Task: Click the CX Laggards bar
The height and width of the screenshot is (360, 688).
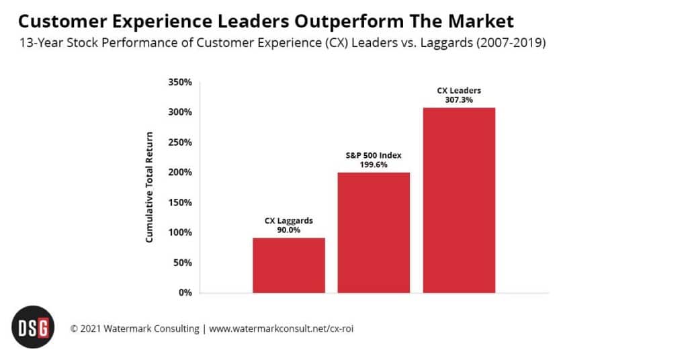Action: point(289,265)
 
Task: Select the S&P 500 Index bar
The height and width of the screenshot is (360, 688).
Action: point(374,232)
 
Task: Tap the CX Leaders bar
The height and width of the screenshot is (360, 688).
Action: point(459,200)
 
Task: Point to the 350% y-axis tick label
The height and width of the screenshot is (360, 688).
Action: point(179,82)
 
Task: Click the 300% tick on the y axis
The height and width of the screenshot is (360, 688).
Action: point(179,112)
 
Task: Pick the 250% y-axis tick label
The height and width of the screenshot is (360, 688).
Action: point(179,142)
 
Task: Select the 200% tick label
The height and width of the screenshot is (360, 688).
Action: point(179,173)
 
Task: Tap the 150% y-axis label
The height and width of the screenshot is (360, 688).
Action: point(179,202)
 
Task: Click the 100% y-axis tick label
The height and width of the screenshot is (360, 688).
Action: point(179,232)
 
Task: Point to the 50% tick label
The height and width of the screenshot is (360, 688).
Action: point(182,263)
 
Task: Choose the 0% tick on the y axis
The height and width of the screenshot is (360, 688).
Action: point(185,293)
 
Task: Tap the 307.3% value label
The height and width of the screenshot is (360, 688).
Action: point(459,99)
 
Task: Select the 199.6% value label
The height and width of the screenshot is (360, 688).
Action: point(374,164)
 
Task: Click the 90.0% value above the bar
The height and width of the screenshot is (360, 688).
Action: point(289,229)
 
